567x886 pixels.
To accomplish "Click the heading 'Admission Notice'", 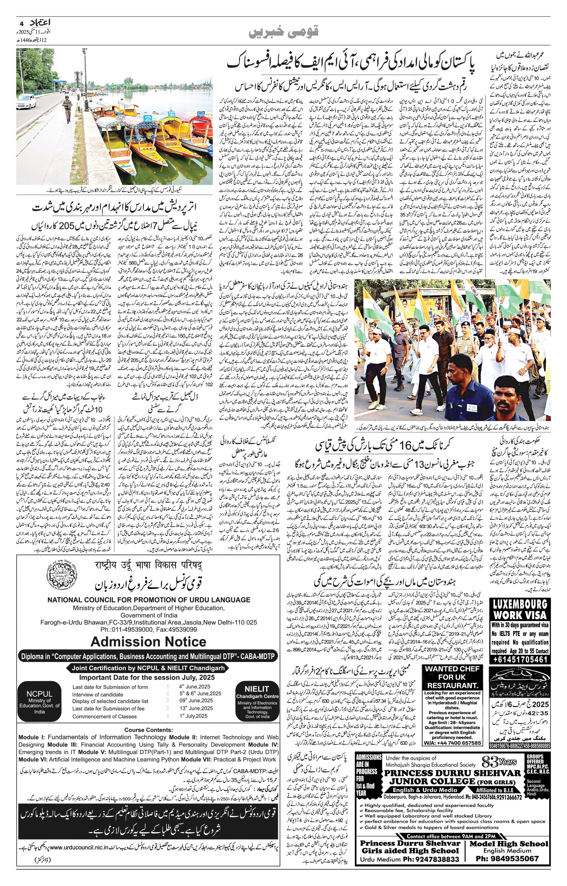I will [148, 641].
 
